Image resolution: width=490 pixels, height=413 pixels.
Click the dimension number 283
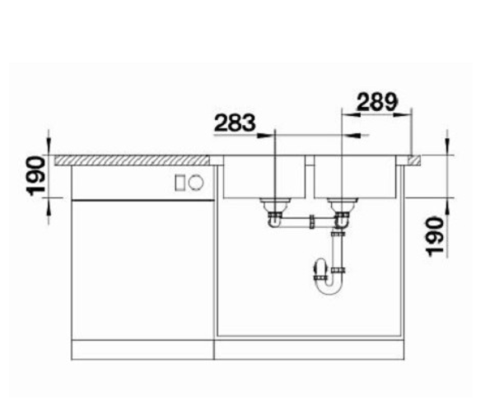point(235,123)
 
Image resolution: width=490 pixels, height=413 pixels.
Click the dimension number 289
point(377,102)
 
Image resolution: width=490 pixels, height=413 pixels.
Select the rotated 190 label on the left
point(36,176)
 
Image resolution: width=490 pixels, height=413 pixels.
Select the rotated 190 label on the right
point(435,237)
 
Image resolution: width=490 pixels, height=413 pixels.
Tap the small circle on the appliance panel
point(196,182)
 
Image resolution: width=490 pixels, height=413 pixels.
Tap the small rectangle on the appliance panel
point(180,183)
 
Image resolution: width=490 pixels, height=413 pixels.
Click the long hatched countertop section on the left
point(132,160)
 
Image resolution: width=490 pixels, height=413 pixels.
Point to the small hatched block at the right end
point(413,160)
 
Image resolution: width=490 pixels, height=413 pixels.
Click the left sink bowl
point(264,177)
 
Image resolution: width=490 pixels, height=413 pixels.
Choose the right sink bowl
point(355,177)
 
